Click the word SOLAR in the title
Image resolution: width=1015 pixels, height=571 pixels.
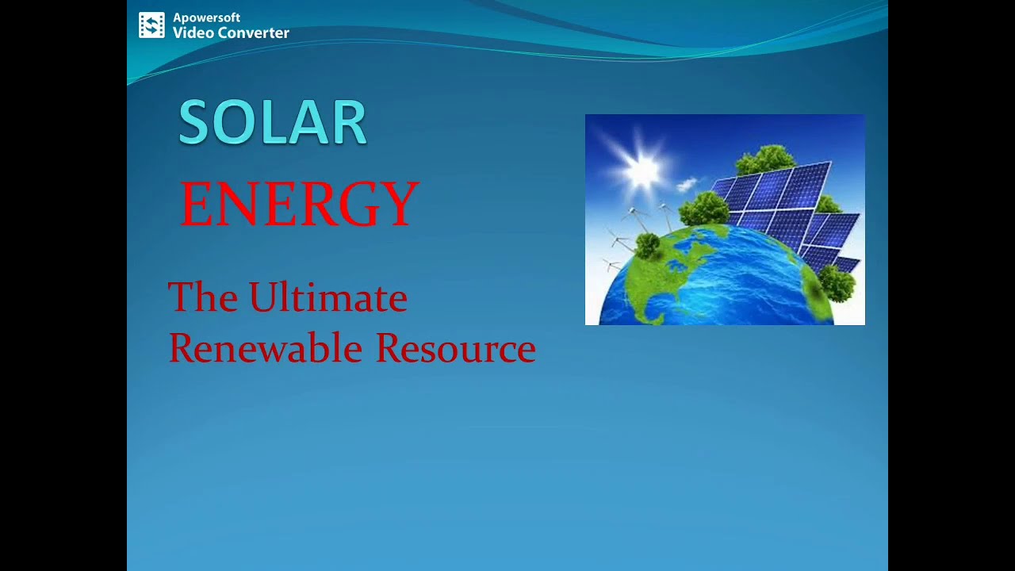click(x=272, y=123)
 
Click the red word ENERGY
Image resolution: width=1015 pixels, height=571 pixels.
click(x=299, y=204)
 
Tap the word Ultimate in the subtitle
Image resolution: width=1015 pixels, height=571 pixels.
click(x=327, y=298)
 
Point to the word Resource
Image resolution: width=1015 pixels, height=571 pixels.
click(x=455, y=348)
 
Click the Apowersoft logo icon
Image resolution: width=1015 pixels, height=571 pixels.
click(x=151, y=25)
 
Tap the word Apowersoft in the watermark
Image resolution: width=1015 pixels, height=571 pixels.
click(x=206, y=17)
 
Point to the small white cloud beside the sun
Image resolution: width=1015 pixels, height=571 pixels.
click(x=687, y=186)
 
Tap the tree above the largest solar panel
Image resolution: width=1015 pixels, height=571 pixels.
click(x=764, y=159)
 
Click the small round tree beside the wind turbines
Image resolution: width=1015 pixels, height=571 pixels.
click(x=648, y=245)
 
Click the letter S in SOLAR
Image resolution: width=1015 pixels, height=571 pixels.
click(x=194, y=123)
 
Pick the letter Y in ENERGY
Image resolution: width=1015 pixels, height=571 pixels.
click(x=403, y=204)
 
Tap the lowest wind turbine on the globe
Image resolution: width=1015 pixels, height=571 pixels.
click(x=611, y=264)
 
